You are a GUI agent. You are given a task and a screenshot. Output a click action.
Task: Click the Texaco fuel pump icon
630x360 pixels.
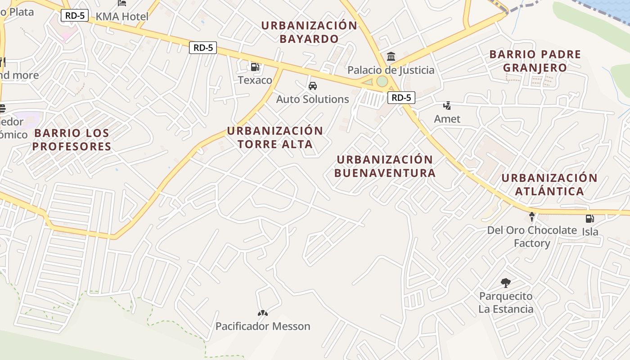(x=255, y=67)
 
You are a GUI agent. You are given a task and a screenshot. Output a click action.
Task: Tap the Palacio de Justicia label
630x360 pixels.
(x=391, y=70)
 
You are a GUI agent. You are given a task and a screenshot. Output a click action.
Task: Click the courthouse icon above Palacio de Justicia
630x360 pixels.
(x=391, y=57)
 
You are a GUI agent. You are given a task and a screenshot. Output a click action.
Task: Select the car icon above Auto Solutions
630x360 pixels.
(x=312, y=86)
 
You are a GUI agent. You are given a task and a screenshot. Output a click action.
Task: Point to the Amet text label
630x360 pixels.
(x=447, y=119)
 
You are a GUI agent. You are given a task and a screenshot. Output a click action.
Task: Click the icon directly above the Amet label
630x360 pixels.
(x=447, y=106)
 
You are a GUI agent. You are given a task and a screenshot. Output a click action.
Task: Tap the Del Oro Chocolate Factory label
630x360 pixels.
(x=532, y=237)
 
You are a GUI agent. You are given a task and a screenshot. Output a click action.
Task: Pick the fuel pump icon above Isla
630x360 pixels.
(x=589, y=219)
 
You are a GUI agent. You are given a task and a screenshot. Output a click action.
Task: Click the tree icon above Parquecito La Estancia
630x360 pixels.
(x=506, y=283)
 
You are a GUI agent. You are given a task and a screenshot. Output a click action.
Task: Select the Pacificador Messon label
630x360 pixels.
(x=263, y=326)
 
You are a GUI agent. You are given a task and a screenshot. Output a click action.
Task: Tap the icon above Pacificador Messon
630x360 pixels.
(x=263, y=313)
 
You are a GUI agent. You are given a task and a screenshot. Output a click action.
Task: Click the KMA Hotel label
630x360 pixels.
(x=122, y=17)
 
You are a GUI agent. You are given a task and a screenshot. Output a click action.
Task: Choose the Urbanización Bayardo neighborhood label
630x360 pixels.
(x=309, y=32)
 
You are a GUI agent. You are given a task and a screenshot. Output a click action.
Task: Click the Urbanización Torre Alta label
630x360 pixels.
(x=275, y=138)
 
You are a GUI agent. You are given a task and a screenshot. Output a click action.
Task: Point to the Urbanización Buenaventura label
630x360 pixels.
(x=385, y=166)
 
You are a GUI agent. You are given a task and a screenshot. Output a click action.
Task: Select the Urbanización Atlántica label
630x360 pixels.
(x=549, y=184)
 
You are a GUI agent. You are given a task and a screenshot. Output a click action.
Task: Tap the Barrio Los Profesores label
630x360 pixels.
(x=72, y=139)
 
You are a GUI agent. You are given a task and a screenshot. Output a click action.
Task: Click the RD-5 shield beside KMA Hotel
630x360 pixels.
(x=75, y=15)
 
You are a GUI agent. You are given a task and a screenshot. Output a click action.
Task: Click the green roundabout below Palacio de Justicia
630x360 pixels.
(x=382, y=81)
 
